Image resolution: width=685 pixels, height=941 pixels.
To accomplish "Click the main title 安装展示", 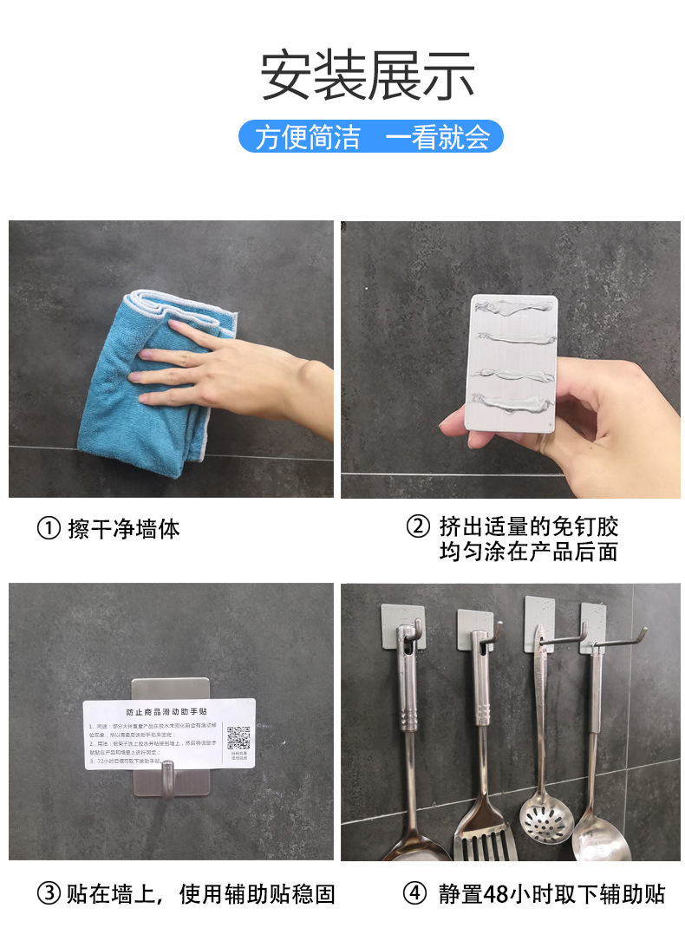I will [x=368, y=76].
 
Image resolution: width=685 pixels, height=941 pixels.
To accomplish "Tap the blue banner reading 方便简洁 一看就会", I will [x=370, y=137].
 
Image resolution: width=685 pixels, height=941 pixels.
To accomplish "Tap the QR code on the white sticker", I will [x=238, y=738].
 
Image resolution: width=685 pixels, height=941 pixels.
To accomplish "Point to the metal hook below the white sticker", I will [x=170, y=774].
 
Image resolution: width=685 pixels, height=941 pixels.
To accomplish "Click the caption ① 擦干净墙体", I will [x=108, y=528].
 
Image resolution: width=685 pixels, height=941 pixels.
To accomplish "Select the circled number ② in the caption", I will [x=419, y=527].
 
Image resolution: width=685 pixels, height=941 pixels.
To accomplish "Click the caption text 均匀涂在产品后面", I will [x=528, y=552].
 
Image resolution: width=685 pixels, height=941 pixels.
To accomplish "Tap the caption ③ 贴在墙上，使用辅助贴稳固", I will [x=186, y=894].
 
